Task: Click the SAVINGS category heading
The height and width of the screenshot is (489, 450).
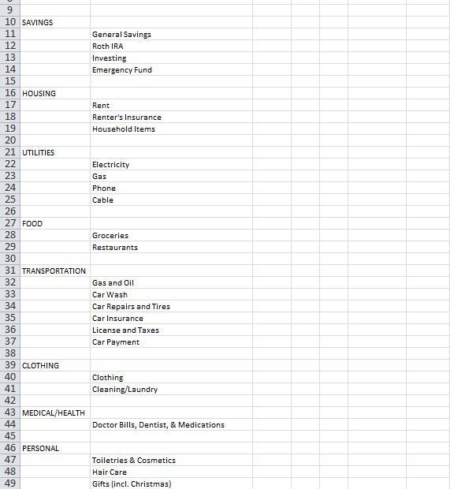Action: [37, 23]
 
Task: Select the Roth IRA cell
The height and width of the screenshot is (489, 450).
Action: [107, 47]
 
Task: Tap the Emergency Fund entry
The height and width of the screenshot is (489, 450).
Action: [121, 70]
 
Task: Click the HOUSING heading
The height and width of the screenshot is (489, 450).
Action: [39, 94]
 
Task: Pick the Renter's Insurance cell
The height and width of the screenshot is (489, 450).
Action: [126, 118]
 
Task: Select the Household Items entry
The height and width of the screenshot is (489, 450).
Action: [123, 129]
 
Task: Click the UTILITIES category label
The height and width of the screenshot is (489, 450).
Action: [38, 153]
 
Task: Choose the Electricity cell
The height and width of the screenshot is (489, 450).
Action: [110, 165]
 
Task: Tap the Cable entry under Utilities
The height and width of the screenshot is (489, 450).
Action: [102, 200]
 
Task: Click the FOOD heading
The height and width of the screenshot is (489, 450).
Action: [32, 224]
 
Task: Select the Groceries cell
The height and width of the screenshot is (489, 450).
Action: [110, 236]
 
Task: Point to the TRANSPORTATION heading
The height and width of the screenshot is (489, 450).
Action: [54, 271]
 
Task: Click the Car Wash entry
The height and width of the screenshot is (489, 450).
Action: [110, 295]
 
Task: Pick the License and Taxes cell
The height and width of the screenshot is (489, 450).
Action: [125, 330]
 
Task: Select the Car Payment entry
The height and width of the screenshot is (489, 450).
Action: [115, 342]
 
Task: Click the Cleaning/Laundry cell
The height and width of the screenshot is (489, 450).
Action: [125, 390]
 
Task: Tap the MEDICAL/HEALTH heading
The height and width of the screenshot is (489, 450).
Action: [53, 413]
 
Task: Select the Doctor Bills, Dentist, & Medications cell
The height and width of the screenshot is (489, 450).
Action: [158, 425]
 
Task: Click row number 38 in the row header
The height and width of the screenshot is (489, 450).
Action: [10, 354]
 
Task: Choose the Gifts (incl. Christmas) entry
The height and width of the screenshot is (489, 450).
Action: [131, 483]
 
